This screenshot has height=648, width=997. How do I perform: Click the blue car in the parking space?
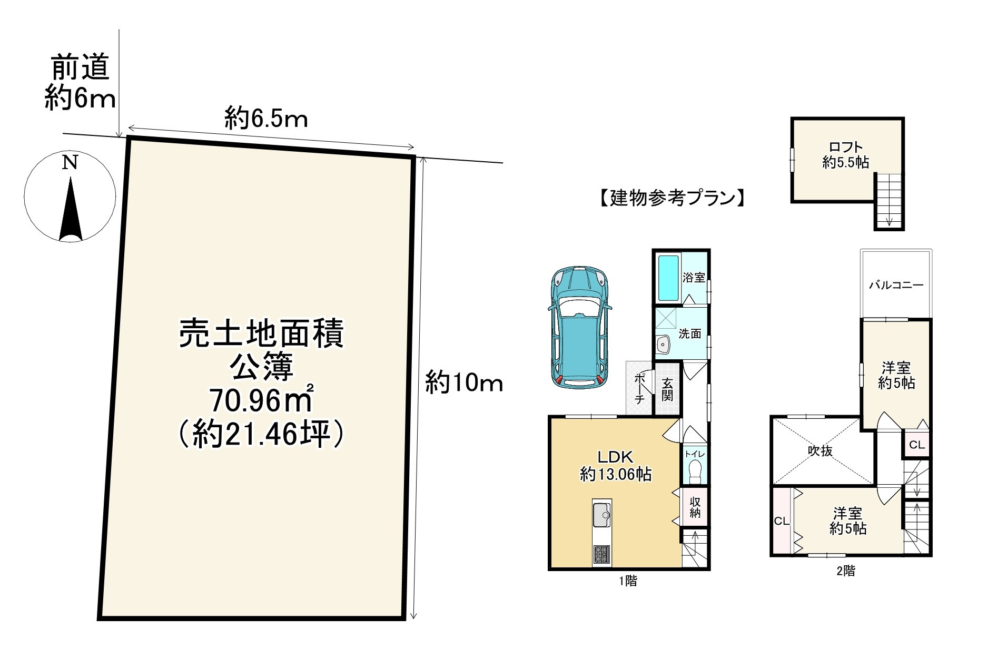tap(579, 328)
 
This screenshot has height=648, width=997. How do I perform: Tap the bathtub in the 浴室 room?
tap(668, 277)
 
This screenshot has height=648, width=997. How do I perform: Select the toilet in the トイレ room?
tap(695, 472)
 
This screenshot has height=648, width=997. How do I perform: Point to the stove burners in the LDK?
tap(601, 554)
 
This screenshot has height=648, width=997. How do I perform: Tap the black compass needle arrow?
tap(71, 211)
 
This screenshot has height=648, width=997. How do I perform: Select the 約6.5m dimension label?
tap(266, 119)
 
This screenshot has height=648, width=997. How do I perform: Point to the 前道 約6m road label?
tap(80, 83)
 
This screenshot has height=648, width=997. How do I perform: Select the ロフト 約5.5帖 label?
tap(846, 155)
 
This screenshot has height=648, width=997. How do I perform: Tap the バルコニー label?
tap(896, 286)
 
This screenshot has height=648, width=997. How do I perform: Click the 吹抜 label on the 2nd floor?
tap(821, 450)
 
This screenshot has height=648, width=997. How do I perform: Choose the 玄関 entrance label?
tap(667, 390)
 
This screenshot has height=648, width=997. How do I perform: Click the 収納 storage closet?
tap(695, 506)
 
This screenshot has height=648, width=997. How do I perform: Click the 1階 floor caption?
tap(628, 581)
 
